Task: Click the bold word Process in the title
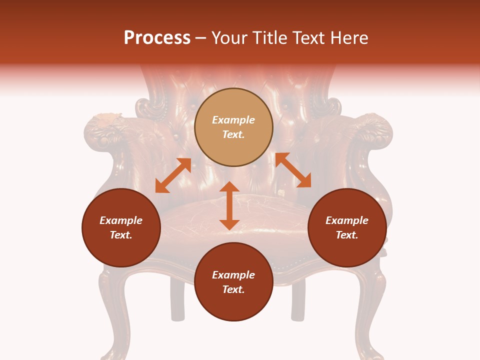(157, 38)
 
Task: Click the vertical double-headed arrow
(229, 205)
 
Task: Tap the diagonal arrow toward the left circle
(173, 175)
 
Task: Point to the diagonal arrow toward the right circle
(293, 170)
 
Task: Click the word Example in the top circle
(233, 120)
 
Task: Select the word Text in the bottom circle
(233, 289)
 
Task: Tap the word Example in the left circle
(121, 220)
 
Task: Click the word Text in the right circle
(347, 235)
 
